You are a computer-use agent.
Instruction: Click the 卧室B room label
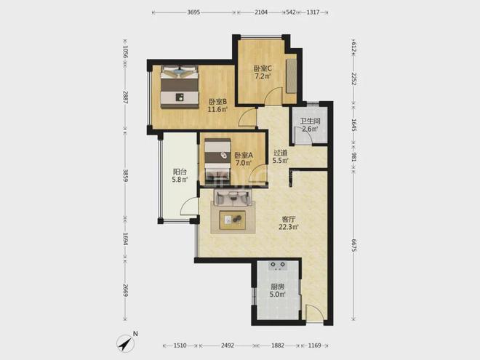tap(217, 101)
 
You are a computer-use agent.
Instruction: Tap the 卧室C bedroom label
tap(263, 68)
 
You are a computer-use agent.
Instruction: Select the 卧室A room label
tap(244, 155)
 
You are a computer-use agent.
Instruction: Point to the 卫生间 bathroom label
tap(310, 121)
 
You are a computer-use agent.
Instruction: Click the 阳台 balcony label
tap(180, 172)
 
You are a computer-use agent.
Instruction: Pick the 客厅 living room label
tap(289, 219)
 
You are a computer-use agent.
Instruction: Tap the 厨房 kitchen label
tap(277, 287)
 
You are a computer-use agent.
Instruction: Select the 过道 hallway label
tap(281, 153)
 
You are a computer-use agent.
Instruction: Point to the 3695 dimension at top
tap(193, 12)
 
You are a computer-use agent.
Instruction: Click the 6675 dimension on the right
tap(353, 246)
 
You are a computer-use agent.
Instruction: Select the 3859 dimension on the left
tap(125, 176)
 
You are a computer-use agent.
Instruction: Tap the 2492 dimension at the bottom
tap(228, 345)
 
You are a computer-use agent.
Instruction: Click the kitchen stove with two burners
tap(278, 265)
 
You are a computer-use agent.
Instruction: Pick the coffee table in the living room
tap(233, 220)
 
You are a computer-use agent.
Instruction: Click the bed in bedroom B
tap(180, 87)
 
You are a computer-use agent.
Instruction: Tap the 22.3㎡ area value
tap(289, 227)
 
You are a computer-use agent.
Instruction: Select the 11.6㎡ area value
tap(217, 109)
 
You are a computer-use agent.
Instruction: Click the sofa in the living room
tap(233, 198)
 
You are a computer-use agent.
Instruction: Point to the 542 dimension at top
tap(290, 12)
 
